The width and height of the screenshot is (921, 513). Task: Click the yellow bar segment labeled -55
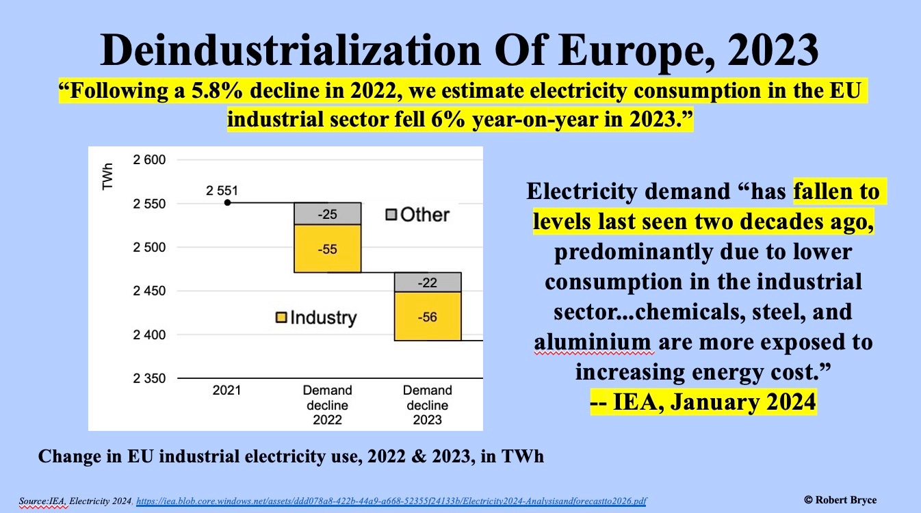coord(327,248)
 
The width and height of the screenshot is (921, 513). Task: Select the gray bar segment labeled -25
coord(327,213)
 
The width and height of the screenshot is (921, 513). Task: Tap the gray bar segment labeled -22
coord(427,282)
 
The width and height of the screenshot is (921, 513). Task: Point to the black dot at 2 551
coord(227,202)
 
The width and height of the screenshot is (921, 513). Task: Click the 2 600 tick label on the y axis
coord(148,160)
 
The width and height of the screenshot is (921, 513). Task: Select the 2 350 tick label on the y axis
coord(148,378)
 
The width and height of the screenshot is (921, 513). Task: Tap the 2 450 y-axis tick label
coord(148,291)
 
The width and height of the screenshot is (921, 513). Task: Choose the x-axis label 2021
coord(226,391)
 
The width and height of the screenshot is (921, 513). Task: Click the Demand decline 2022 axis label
coord(327,406)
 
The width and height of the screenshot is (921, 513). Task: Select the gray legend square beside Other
coord(391,215)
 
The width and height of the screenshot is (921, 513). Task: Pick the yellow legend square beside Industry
coord(281,317)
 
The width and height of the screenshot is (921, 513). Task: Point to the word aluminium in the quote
coord(591,341)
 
